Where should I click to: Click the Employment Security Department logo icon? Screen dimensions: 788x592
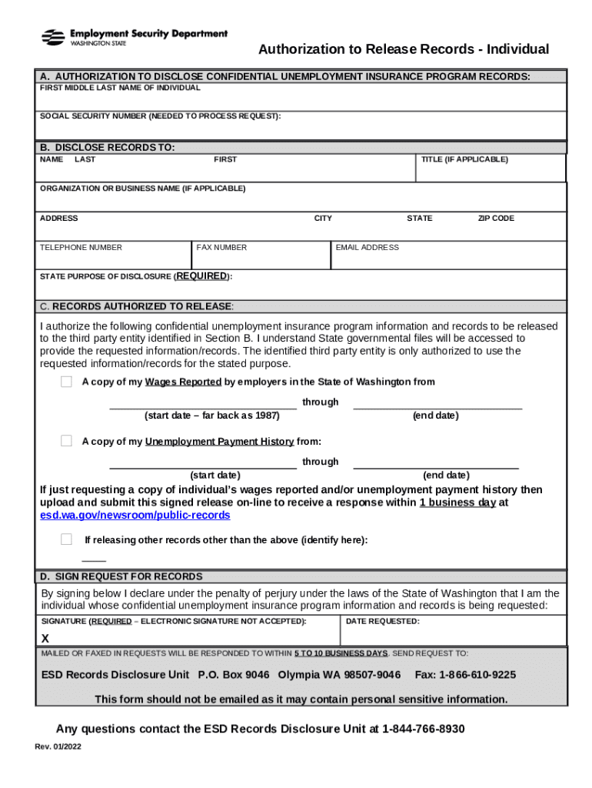click(53, 37)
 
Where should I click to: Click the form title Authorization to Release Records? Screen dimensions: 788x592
click(404, 50)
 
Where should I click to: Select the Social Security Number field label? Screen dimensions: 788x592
click(161, 116)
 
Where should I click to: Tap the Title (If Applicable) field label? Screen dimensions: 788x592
click(464, 160)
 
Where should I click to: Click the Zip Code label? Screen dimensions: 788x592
click(496, 219)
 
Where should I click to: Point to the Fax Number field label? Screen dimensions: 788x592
click(221, 248)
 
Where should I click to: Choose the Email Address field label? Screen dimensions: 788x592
click(368, 248)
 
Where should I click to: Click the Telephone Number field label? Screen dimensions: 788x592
click(81, 248)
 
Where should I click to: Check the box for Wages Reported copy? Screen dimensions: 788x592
click(67, 382)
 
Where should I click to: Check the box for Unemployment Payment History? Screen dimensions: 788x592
click(67, 441)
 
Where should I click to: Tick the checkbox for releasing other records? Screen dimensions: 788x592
click(67, 539)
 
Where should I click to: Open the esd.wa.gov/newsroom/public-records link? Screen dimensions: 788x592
click(135, 515)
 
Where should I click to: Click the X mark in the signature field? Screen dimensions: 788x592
click(45, 639)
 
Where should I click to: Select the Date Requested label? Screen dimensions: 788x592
click(383, 621)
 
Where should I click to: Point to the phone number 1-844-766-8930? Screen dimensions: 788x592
click(423, 729)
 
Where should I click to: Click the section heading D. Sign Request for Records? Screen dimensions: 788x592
click(121, 576)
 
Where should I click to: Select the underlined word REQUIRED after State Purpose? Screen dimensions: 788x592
click(203, 276)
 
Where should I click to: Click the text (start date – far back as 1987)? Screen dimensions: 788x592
click(212, 416)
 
